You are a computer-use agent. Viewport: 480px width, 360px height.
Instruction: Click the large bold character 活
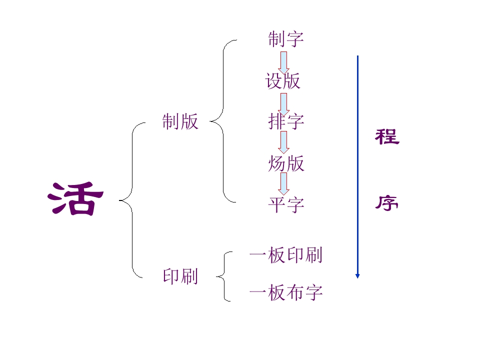(x=75, y=198)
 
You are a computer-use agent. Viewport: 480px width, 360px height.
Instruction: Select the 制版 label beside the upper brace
(x=180, y=121)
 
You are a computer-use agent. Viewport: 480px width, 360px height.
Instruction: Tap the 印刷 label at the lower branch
(x=180, y=276)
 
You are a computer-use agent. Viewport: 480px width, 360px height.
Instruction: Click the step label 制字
(x=286, y=39)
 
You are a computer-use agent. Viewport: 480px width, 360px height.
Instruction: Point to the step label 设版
(x=283, y=81)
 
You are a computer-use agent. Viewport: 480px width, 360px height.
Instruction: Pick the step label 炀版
(x=286, y=163)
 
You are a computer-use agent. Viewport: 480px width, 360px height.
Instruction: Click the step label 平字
(x=286, y=204)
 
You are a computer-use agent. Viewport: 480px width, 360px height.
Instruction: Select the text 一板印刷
(x=286, y=255)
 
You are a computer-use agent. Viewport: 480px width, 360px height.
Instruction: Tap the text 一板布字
(x=286, y=292)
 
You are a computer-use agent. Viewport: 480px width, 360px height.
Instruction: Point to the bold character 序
(x=387, y=202)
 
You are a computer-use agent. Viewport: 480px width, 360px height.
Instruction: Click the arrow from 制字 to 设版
(x=284, y=63)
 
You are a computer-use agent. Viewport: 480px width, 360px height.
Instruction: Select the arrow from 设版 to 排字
(x=284, y=104)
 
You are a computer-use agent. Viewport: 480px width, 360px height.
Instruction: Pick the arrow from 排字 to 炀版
(x=284, y=142)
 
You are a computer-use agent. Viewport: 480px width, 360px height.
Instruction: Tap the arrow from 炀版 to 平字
(x=284, y=184)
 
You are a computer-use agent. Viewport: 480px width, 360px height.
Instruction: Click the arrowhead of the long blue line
(x=357, y=276)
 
